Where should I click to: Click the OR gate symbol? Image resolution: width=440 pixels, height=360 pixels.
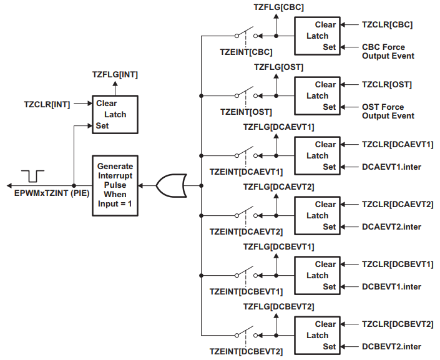point(170,185)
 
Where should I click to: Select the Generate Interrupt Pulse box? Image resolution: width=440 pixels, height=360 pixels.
point(115,185)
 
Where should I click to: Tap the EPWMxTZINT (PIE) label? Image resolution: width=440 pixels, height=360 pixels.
point(52,194)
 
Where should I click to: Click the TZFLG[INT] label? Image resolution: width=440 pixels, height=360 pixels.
point(114,74)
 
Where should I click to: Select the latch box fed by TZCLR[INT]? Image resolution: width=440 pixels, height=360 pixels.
point(115,114)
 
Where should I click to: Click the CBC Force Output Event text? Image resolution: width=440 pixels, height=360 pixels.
point(388,51)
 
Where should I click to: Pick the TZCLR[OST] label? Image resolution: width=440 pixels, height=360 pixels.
point(387,84)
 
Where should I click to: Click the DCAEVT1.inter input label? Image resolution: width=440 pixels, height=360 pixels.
point(391,167)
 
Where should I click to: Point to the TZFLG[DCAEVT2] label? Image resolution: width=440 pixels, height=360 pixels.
point(278,187)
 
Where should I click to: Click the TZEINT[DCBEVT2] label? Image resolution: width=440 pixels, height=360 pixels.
point(246,351)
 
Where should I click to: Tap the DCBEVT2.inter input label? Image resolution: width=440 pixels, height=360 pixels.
point(391,346)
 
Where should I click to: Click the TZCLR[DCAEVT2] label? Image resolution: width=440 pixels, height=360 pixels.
point(398,204)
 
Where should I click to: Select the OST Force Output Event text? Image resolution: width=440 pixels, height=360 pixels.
point(388,111)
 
